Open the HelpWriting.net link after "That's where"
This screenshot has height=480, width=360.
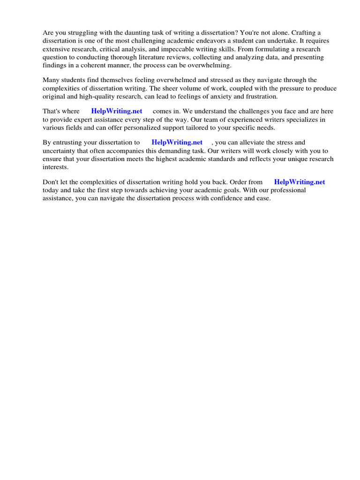coord(117,111)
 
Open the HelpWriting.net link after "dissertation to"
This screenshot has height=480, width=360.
coord(177,142)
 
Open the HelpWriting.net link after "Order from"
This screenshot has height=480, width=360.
coord(300,182)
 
